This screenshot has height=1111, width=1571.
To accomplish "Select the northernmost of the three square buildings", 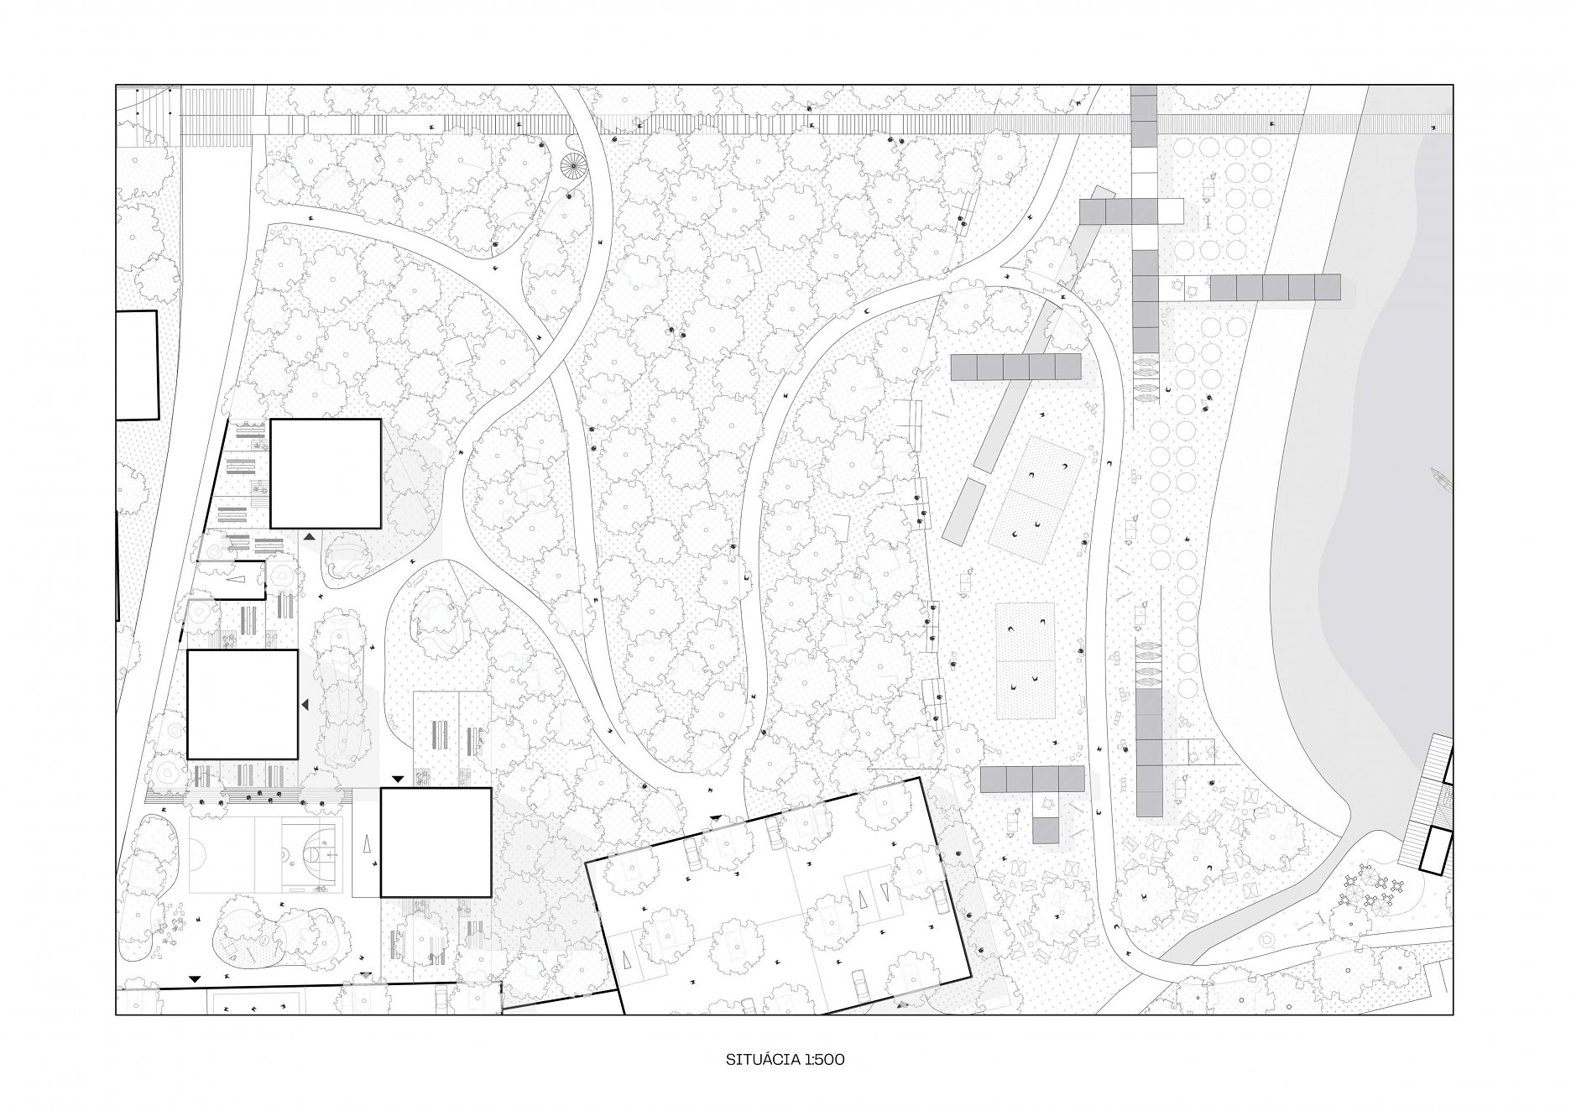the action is coord(325,473).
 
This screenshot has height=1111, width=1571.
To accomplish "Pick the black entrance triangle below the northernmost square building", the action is coord(309,535).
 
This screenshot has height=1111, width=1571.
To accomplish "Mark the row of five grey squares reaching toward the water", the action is coord(1275,287).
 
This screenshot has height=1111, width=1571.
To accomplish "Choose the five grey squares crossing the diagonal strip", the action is coord(1015,367).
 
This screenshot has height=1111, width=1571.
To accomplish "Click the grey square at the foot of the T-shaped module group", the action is coord(1046,831).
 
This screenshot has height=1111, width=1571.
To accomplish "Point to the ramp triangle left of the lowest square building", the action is coord(368,843).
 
